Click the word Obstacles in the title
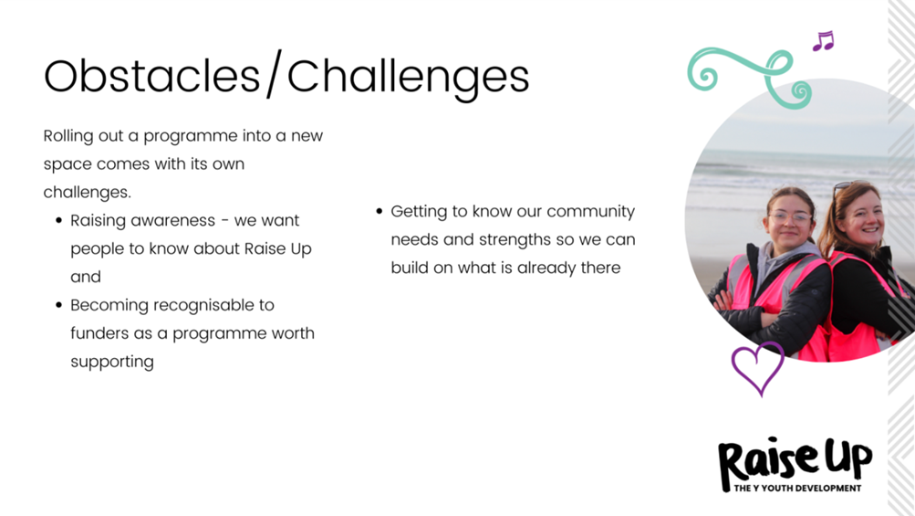click(x=151, y=77)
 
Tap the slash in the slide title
click(x=274, y=74)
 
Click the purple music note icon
click(x=824, y=41)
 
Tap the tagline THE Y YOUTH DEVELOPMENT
click(x=797, y=488)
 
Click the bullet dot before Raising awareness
click(x=58, y=221)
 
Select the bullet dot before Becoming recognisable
click(x=58, y=305)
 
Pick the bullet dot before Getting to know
click(x=379, y=211)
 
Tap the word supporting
click(x=112, y=363)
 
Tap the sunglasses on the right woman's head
click(x=843, y=188)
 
